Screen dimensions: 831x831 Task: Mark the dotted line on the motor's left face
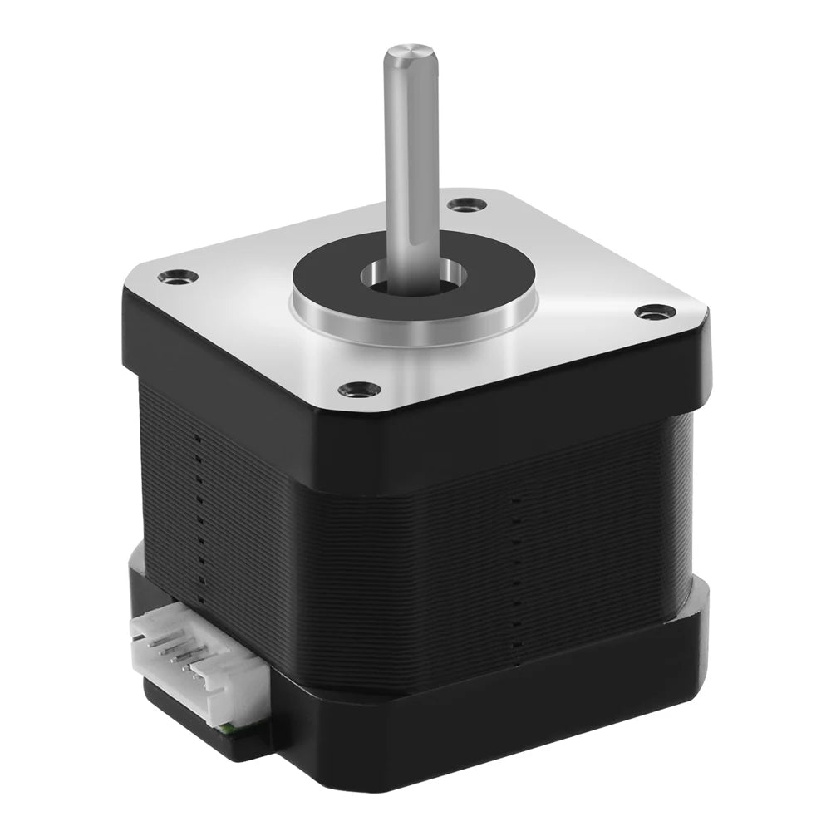pyautogui.click(x=197, y=515)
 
